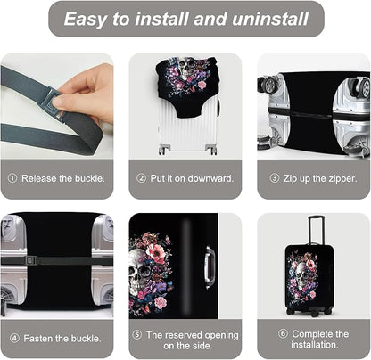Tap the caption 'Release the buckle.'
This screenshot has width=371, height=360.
pyautogui.click(x=62, y=178)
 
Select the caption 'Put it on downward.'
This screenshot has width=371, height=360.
pyautogui.click(x=191, y=178)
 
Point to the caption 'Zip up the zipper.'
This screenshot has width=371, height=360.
pyautogui.click(x=319, y=178)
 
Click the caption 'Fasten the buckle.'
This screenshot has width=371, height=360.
pyautogui.click(x=62, y=338)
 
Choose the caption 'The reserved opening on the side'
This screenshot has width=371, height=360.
pyautogui.click(x=191, y=340)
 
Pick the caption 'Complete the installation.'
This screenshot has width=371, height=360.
pyautogui.click(x=319, y=340)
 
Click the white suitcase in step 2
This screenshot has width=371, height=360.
pyautogui.click(x=185, y=125)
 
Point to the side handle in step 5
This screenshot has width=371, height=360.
pyautogui.click(x=209, y=266)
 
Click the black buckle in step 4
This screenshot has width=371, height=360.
pyautogui.click(x=30, y=260)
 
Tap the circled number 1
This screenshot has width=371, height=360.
pyautogui.click(x=12, y=178)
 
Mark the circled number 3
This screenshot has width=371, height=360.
pyautogui.click(x=276, y=178)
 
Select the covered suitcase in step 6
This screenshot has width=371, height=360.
pyautogui.click(x=302, y=281)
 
